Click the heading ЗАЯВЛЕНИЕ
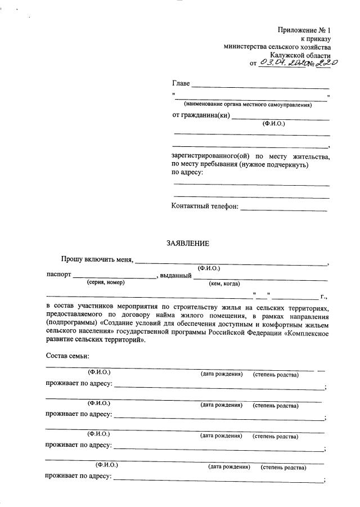[x=187, y=243]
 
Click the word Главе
[x=181, y=84]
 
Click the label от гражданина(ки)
[x=200, y=116]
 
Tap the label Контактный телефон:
[x=205, y=206]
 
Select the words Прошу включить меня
[x=97, y=259]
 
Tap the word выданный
[x=175, y=276]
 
